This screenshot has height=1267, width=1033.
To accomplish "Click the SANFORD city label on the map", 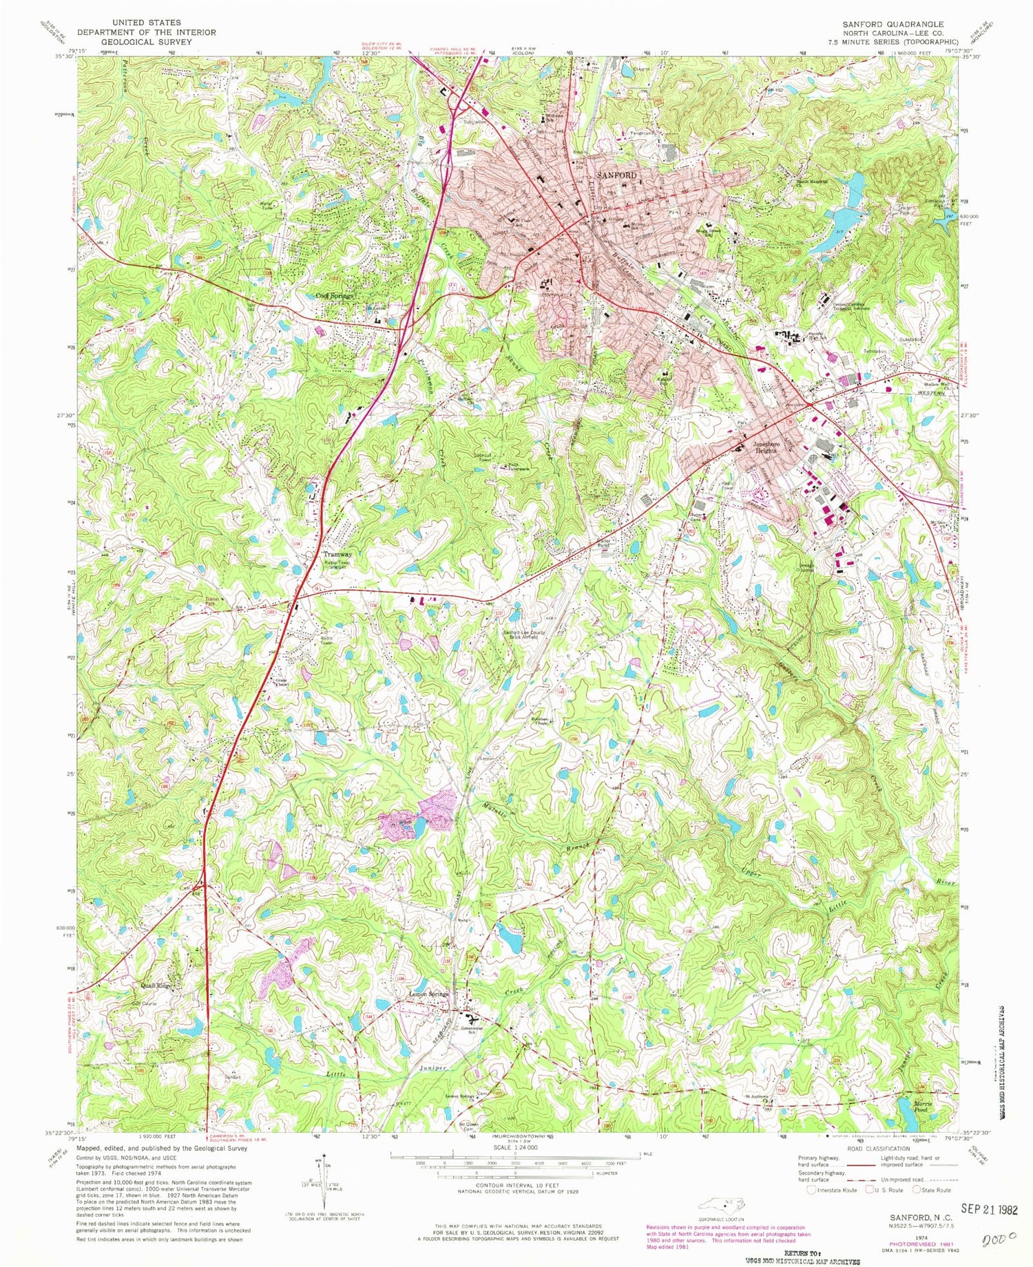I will pos(616,175).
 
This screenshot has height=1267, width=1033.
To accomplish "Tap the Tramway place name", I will pos(338,555).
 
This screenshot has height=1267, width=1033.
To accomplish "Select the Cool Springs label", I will pos(335,296).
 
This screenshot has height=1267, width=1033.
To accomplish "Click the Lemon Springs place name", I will pos(428,994).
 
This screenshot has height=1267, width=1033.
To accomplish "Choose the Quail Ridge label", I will pos(156,986).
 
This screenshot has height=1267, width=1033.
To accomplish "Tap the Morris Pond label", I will pos(922,1106).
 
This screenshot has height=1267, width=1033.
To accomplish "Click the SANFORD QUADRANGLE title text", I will pos(893,23).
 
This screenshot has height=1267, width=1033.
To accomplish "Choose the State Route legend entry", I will pos(933,1190).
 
